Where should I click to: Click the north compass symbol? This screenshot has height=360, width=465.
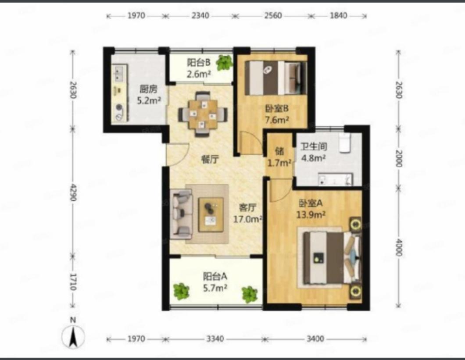(x=73, y=334)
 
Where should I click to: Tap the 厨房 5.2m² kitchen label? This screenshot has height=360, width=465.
(x=149, y=95)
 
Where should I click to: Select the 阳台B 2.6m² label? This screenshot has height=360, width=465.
(x=199, y=68)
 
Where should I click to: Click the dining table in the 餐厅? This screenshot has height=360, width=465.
(x=203, y=114)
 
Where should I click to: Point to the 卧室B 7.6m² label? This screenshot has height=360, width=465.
(x=277, y=114)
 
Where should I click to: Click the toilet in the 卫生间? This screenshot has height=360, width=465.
(x=345, y=143)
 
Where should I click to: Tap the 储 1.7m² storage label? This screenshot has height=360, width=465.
(x=279, y=157)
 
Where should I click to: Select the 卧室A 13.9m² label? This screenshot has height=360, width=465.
(x=311, y=209)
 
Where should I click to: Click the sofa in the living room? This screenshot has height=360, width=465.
(x=181, y=214)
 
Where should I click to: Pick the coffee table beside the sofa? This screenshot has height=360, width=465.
(x=211, y=214)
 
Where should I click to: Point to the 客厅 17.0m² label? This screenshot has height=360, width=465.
(x=247, y=213)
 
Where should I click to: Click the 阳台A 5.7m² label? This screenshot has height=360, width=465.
(x=215, y=282)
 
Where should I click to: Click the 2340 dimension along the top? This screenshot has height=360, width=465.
(x=200, y=15)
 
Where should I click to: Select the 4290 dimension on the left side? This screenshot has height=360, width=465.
(x=73, y=192)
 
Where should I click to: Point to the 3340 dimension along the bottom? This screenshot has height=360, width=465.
(x=215, y=339)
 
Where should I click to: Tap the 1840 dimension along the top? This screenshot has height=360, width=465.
(x=338, y=15)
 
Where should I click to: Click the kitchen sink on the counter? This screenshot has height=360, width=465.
(x=119, y=73)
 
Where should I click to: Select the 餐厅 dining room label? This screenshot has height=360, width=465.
(x=210, y=160)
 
